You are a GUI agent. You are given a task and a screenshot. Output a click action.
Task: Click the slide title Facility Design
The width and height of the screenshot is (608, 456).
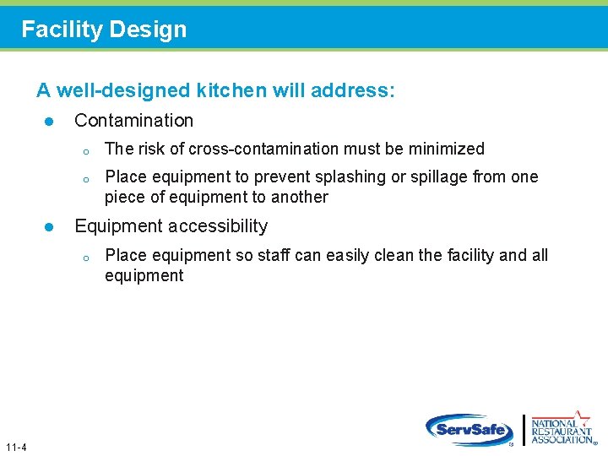click(x=104, y=30)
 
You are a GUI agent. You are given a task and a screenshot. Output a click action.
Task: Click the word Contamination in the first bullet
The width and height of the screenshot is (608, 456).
click(x=133, y=121)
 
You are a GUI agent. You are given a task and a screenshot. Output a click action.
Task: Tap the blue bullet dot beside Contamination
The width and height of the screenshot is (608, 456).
click(x=49, y=122)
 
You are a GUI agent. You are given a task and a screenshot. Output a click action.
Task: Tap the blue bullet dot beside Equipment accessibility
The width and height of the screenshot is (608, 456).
click(x=49, y=227)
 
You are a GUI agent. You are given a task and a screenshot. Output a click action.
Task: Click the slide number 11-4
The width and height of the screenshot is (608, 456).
click(x=15, y=447)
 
